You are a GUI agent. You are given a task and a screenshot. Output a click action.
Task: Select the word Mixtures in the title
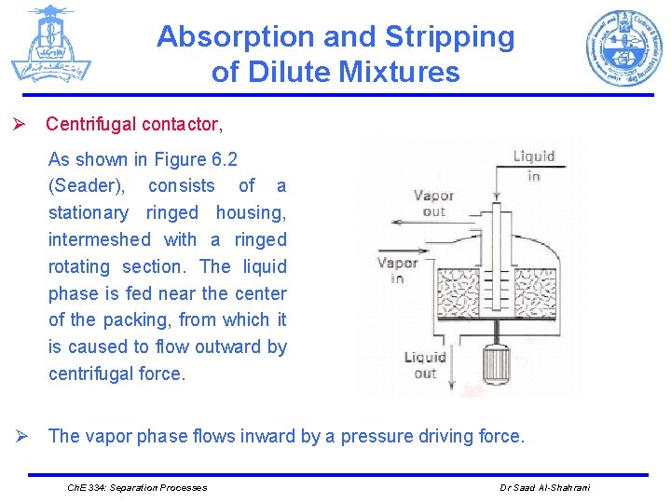click(x=403, y=72)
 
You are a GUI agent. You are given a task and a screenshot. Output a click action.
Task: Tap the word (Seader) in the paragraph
click(x=87, y=185)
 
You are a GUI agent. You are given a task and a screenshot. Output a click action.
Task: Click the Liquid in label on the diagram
click(x=534, y=165)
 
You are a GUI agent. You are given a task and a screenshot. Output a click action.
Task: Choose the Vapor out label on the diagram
click(x=433, y=203)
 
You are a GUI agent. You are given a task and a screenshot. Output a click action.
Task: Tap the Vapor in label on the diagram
click(x=397, y=270)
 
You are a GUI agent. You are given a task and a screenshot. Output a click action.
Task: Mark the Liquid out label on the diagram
click(x=425, y=364)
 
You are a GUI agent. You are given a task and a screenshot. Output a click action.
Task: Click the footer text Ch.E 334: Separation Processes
click(x=137, y=487)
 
